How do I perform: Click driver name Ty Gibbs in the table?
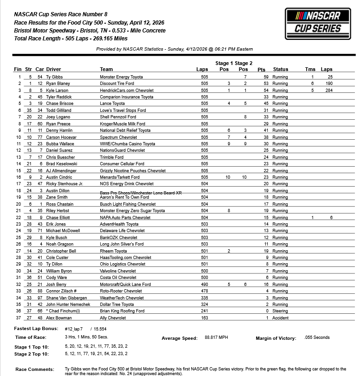tap(55, 77)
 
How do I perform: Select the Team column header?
tap(106, 70)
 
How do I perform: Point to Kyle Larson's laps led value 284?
tap(330, 90)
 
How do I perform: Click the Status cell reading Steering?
tap(280, 311)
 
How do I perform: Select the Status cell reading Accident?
tap(280, 318)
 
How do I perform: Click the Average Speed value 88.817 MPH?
tap(218, 338)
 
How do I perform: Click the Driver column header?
tap(53, 70)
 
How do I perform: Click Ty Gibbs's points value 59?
tap(266, 77)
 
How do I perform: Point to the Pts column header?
tap(265, 70)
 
